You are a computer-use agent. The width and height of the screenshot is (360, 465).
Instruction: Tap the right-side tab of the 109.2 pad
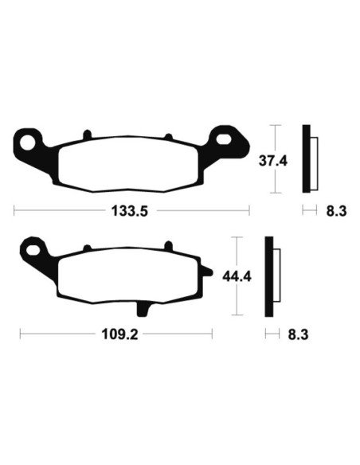pyautogui.click(x=207, y=275)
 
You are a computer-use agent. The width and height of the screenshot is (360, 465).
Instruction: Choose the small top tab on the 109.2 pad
pyautogui.click(x=167, y=245)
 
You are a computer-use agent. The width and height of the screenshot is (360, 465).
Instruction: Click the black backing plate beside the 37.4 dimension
pyautogui.click(x=305, y=159)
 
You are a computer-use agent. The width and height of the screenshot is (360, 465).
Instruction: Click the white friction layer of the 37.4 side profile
pyautogui.click(x=312, y=159)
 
